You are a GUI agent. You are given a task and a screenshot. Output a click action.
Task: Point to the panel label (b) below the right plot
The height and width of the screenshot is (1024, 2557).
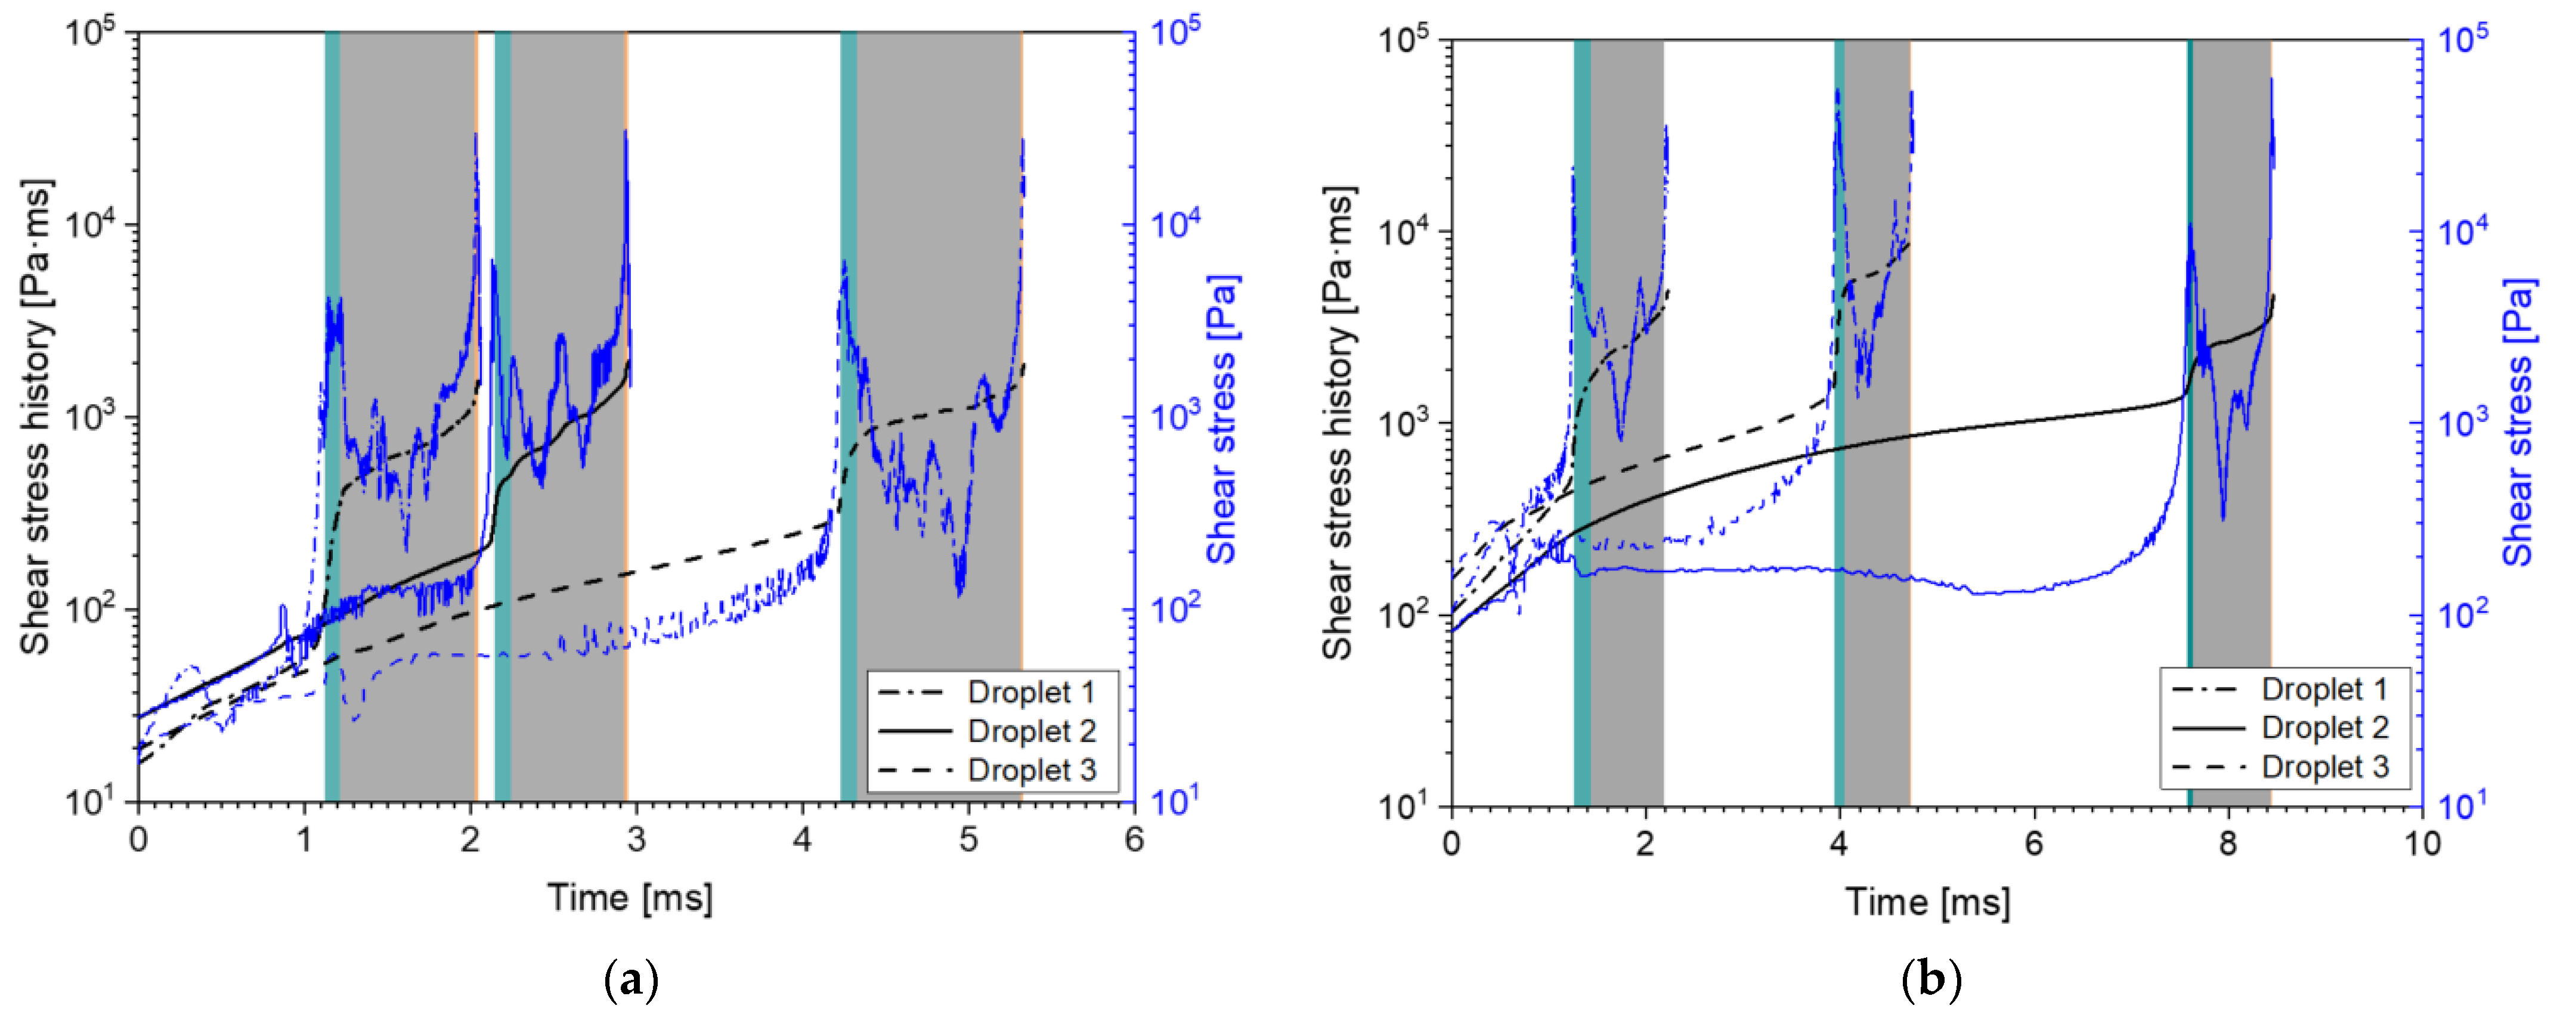click(1931, 981)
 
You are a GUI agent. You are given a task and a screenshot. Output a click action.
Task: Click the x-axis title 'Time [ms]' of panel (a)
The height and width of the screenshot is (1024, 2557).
click(630, 898)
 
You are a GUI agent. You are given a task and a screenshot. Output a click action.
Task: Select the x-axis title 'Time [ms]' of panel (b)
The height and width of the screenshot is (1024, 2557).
click(1928, 902)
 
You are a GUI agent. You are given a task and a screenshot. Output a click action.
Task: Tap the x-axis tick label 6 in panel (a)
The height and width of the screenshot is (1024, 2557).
click(1134, 840)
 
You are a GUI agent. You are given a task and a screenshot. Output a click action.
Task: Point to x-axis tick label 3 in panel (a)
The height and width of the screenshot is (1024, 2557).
click(636, 840)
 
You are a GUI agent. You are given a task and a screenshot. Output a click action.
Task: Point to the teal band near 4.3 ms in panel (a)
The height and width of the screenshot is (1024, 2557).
click(849, 417)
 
